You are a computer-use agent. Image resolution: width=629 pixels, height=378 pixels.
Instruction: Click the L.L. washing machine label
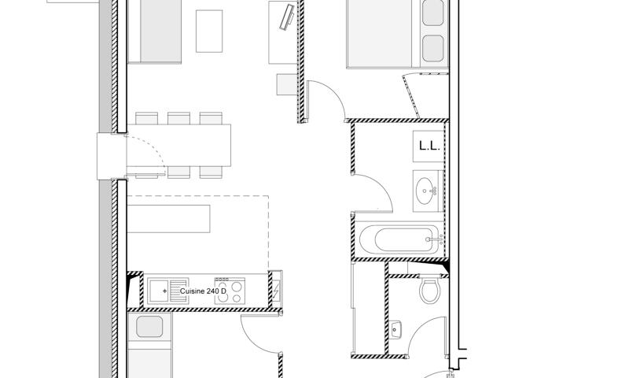[429, 146]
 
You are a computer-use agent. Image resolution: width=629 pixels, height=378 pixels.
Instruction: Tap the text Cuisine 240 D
[203, 291]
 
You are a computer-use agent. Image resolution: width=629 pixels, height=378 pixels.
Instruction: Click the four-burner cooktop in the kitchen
[230, 291]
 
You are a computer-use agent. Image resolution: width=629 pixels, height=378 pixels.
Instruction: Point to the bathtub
[399, 240]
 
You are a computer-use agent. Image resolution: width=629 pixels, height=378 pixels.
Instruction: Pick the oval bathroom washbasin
[427, 191]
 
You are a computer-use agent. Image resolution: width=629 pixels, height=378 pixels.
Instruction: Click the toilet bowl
[429, 290]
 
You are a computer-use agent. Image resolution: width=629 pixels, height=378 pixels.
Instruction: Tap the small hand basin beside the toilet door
[395, 330]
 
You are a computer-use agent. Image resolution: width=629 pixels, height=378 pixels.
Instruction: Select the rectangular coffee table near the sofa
[209, 31]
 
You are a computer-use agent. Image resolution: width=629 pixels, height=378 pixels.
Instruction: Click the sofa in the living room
[154, 31]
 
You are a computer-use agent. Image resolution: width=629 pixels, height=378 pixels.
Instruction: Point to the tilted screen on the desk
[287, 16]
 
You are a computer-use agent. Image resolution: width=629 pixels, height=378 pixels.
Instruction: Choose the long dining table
[179, 146]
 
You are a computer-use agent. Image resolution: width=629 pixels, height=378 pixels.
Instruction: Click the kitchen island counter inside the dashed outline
[169, 218]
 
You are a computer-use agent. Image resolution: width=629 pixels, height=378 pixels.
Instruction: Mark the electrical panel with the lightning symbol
[278, 289]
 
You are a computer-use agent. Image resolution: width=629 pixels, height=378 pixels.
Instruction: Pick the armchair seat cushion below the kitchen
[149, 327]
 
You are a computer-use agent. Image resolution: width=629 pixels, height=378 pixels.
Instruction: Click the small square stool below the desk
[287, 84]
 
